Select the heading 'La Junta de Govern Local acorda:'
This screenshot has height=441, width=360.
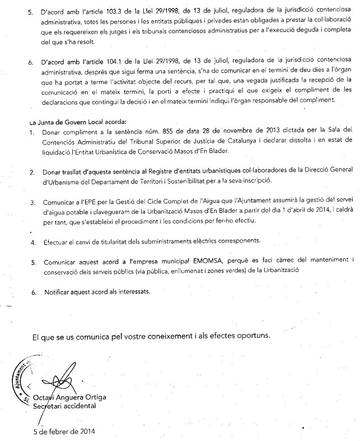click(78, 121)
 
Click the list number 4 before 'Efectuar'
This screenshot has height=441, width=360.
click(32, 242)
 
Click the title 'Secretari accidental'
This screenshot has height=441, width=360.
click(64, 406)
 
